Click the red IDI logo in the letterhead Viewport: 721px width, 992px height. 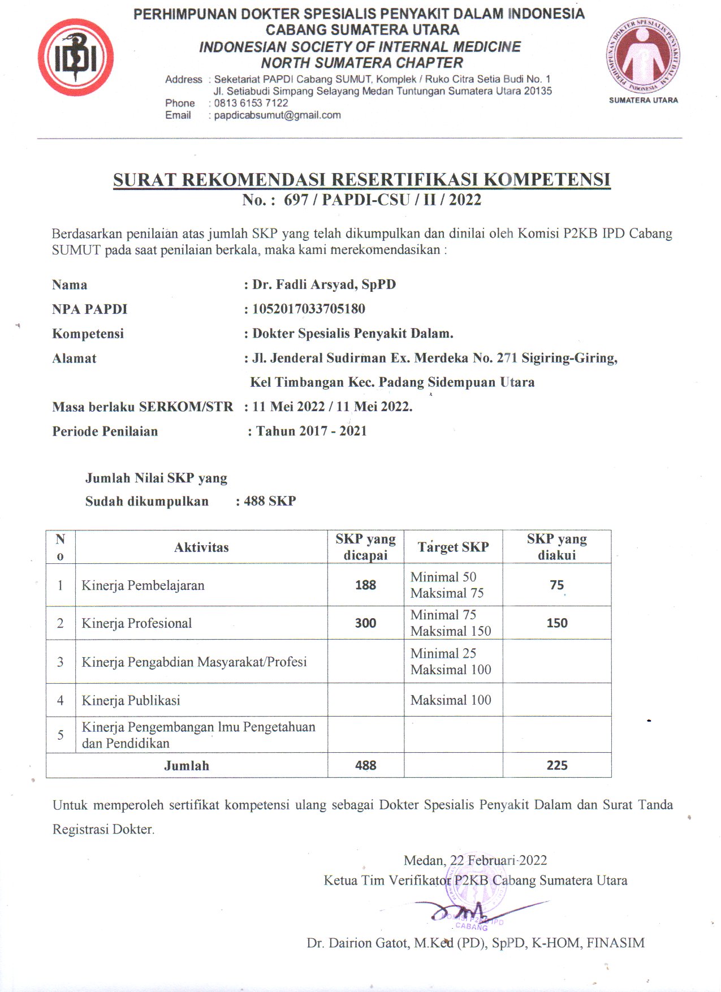point(76,58)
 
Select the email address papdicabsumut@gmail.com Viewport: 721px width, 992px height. point(277,115)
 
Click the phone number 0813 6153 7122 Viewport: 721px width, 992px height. point(251,103)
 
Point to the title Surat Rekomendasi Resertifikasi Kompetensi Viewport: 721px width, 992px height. point(361,179)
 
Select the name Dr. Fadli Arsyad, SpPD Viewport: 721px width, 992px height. point(324,284)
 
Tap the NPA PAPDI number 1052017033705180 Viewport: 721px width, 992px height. point(309,309)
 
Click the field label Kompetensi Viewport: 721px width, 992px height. point(88,334)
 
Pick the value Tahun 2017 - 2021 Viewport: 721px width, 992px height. point(312,431)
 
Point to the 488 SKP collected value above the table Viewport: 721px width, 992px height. point(270,501)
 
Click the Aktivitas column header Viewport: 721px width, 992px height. point(201,547)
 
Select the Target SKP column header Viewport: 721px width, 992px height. point(453,547)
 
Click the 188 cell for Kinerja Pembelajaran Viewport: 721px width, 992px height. point(365,585)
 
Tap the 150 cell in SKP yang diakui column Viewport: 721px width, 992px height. point(556,623)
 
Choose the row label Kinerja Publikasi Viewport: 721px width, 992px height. point(131,700)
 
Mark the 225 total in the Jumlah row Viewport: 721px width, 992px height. point(556,765)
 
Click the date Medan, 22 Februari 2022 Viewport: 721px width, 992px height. point(475,860)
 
